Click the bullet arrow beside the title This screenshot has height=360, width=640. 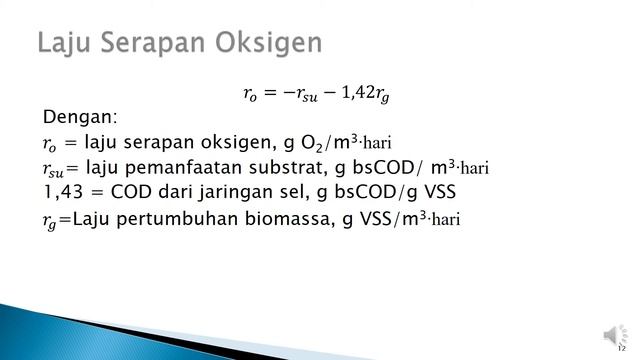coord(24,44)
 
